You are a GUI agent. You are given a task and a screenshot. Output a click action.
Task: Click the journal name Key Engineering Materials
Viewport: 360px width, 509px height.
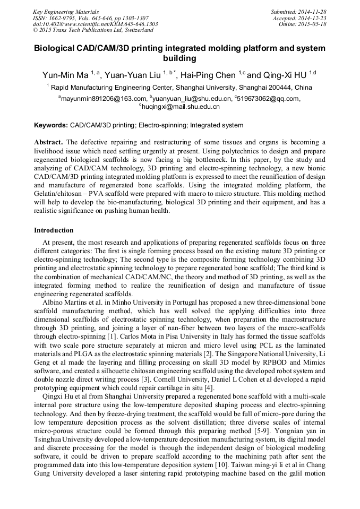pyautogui.click(x=66, y=11)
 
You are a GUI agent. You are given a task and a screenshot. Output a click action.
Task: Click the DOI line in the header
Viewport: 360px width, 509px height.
pyautogui.click(x=95, y=24)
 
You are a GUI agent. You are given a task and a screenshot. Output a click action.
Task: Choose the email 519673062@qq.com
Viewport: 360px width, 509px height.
pyautogui.click(x=271, y=98)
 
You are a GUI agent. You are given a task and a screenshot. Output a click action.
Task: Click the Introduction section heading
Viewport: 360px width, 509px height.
pyautogui.click(x=54, y=230)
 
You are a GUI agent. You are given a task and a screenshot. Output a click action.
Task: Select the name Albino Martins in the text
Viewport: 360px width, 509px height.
pyautogui.click(x=65, y=302)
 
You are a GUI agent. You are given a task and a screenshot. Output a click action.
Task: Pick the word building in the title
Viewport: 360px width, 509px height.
pyautogui.click(x=180, y=58)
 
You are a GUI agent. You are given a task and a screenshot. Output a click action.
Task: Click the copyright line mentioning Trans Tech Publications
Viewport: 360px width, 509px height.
pyautogui.click(x=89, y=30)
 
